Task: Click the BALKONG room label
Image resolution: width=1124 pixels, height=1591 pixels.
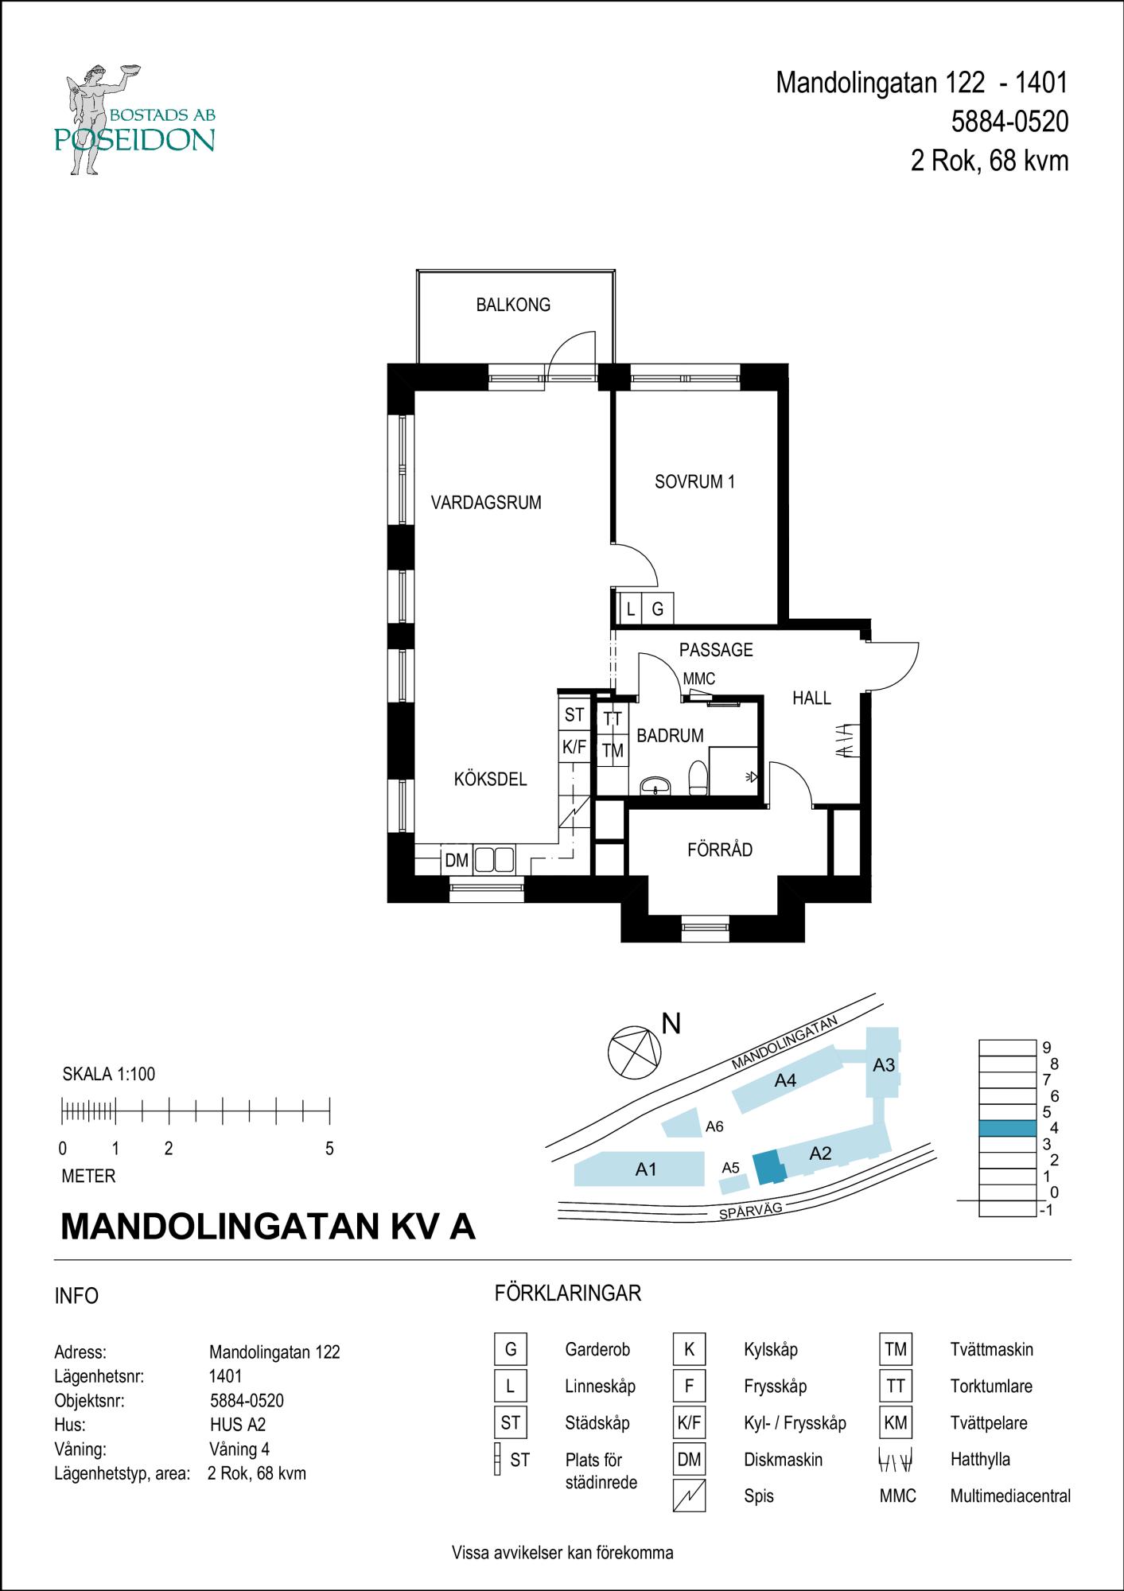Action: click(x=513, y=305)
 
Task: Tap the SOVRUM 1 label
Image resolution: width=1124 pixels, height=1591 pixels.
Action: click(x=694, y=481)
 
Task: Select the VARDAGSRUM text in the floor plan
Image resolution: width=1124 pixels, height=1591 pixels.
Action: click(x=486, y=503)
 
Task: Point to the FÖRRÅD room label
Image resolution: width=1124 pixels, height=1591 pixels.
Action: click(x=720, y=850)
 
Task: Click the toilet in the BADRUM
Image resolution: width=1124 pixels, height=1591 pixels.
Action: click(x=698, y=779)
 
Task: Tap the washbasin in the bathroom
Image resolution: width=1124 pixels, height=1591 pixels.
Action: click(x=655, y=787)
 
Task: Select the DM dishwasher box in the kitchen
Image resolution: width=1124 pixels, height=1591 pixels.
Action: click(x=457, y=860)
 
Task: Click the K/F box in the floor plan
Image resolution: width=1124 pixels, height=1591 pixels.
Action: click(x=574, y=747)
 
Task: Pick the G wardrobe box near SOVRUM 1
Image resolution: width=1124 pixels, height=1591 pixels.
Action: click(x=658, y=609)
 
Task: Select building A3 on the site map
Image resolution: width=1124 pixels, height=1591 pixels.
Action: click(x=883, y=1065)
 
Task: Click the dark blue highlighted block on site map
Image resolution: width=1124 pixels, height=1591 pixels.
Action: click(x=767, y=1168)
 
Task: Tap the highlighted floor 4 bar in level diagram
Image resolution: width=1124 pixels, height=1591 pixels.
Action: click(x=1007, y=1128)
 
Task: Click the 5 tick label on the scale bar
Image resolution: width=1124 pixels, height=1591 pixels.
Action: click(x=329, y=1149)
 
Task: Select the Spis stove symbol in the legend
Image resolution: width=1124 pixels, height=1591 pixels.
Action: click(x=689, y=1496)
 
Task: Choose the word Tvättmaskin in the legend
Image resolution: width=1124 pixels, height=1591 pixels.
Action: click(x=991, y=1349)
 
